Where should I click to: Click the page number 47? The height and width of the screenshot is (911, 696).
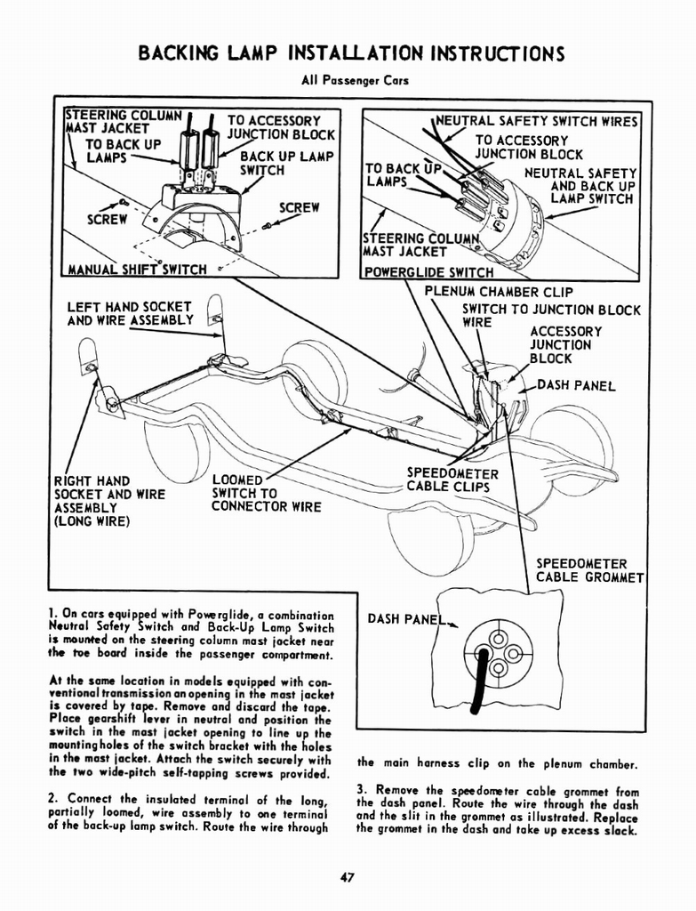[x=348, y=878]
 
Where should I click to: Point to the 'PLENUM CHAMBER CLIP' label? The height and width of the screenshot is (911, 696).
[x=499, y=292]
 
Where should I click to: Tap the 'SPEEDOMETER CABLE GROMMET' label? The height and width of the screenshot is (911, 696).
[x=589, y=570]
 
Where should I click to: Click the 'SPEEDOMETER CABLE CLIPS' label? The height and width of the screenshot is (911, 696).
[x=452, y=480]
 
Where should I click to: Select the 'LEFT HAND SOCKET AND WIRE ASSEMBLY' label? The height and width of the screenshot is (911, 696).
[x=130, y=313]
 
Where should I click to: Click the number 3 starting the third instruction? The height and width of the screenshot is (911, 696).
[x=361, y=789]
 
